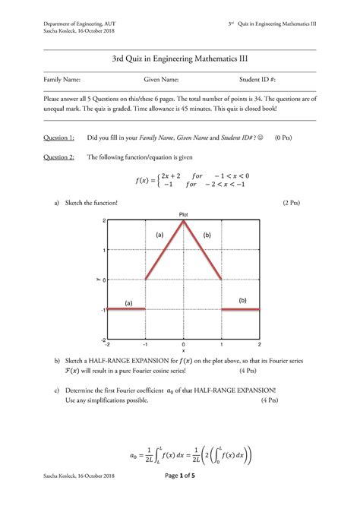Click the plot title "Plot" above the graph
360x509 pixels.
click(x=183, y=214)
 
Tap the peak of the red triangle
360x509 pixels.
click(x=183, y=221)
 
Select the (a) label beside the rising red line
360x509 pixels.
click(x=159, y=236)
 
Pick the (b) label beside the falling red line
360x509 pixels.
click(x=207, y=236)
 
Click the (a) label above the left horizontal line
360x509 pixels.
click(x=128, y=303)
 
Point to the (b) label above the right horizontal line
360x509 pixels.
click(x=242, y=300)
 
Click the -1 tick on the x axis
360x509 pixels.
click(x=145, y=344)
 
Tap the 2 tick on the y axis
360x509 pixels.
click(x=103, y=221)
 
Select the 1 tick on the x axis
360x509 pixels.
click(x=221, y=344)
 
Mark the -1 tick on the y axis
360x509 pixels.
click(x=103, y=310)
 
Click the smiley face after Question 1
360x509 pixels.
click(x=257, y=138)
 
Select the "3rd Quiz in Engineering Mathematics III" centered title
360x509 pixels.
click(x=179, y=58)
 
